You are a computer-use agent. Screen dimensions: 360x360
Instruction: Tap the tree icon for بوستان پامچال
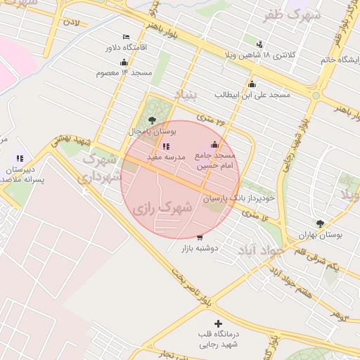pyautogui.click(x=153, y=120)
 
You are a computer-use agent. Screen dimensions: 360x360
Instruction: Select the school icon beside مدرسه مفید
pyautogui.click(x=166, y=146)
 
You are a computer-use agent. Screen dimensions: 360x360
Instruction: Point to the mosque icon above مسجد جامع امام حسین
pyautogui.click(x=215, y=144)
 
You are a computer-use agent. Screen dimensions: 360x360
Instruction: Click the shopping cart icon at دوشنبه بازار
pyautogui.click(x=200, y=238)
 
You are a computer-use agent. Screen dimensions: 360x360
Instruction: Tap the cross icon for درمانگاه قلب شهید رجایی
pyautogui.click(x=217, y=323)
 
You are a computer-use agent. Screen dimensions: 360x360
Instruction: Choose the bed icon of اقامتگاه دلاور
pyautogui.click(x=126, y=37)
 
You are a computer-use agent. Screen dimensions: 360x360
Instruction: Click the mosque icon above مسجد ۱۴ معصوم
pyautogui.click(x=124, y=62)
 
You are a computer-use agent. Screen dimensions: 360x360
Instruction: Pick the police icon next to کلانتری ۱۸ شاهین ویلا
pyautogui.click(x=259, y=44)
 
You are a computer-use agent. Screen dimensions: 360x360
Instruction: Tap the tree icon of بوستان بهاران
pyautogui.click(x=320, y=224)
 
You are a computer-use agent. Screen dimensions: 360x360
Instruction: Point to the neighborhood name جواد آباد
pyautogui.click(x=260, y=250)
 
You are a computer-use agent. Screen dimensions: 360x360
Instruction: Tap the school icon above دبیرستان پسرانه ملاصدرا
pyautogui.click(x=20, y=159)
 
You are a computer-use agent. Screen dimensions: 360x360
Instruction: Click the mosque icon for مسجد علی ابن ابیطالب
pyautogui.click(x=252, y=84)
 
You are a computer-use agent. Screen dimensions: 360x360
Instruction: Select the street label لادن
pyautogui.click(x=72, y=22)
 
